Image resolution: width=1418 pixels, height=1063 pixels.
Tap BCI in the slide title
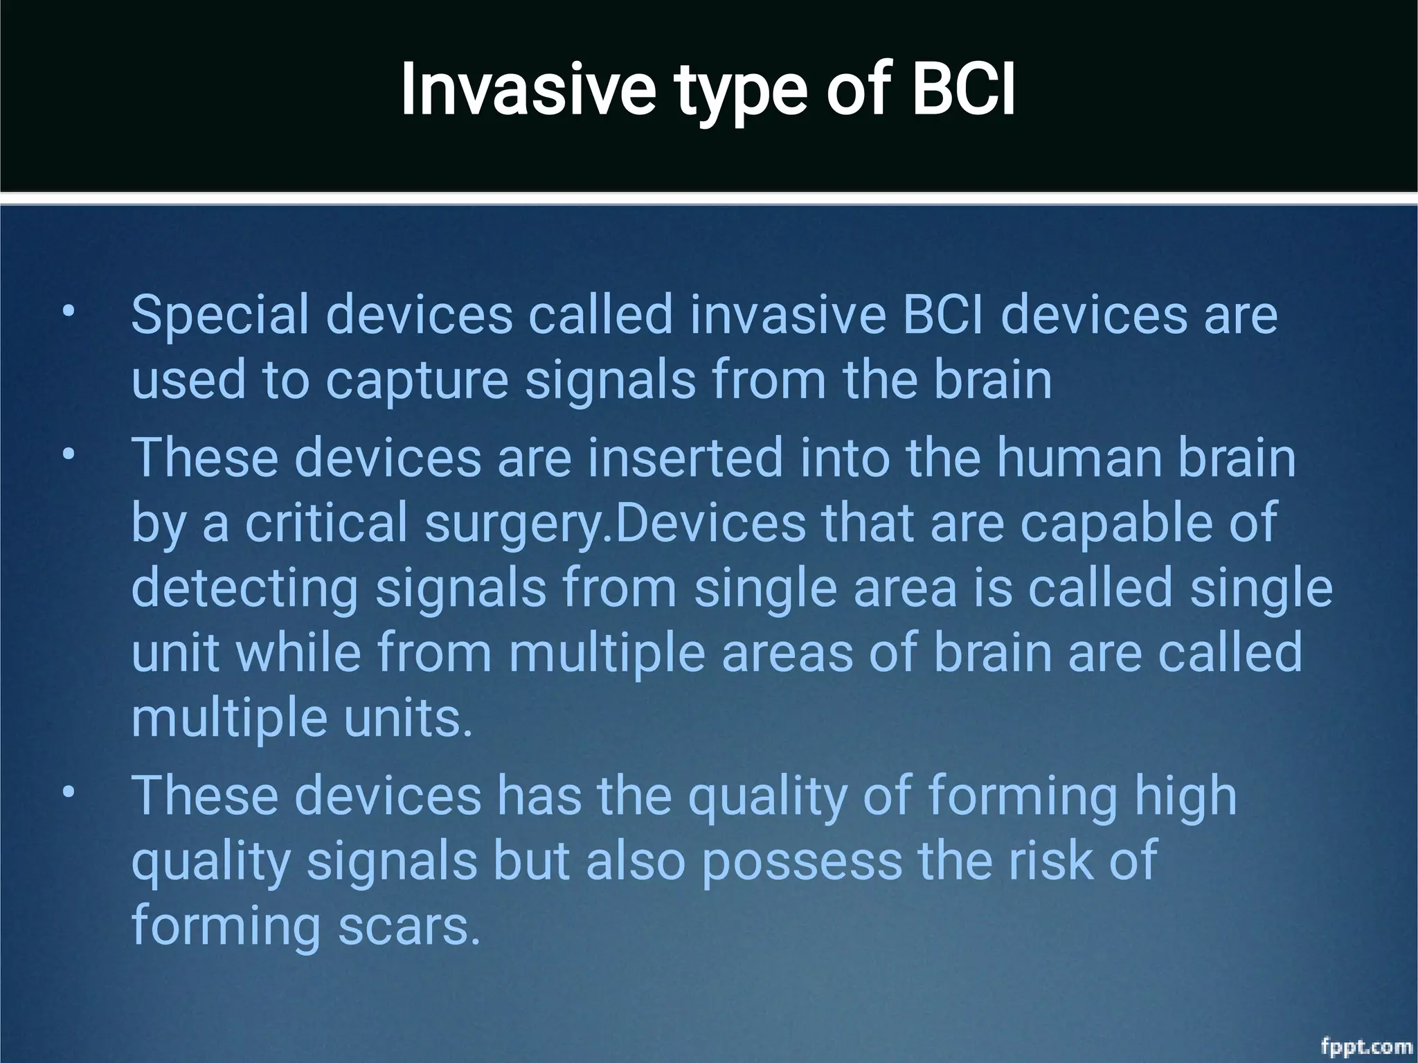[x=963, y=90]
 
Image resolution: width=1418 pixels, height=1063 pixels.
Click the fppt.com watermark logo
[x=1366, y=1045]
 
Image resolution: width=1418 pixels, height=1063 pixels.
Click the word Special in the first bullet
[x=219, y=316]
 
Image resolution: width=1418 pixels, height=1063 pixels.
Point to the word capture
[x=417, y=381]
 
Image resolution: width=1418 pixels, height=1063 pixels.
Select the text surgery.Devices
[x=615, y=524]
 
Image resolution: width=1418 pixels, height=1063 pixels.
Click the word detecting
[x=244, y=589]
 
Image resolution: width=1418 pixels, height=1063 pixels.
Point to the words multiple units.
[x=302, y=718]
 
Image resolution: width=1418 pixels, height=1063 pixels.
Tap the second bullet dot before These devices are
[x=67, y=453]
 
